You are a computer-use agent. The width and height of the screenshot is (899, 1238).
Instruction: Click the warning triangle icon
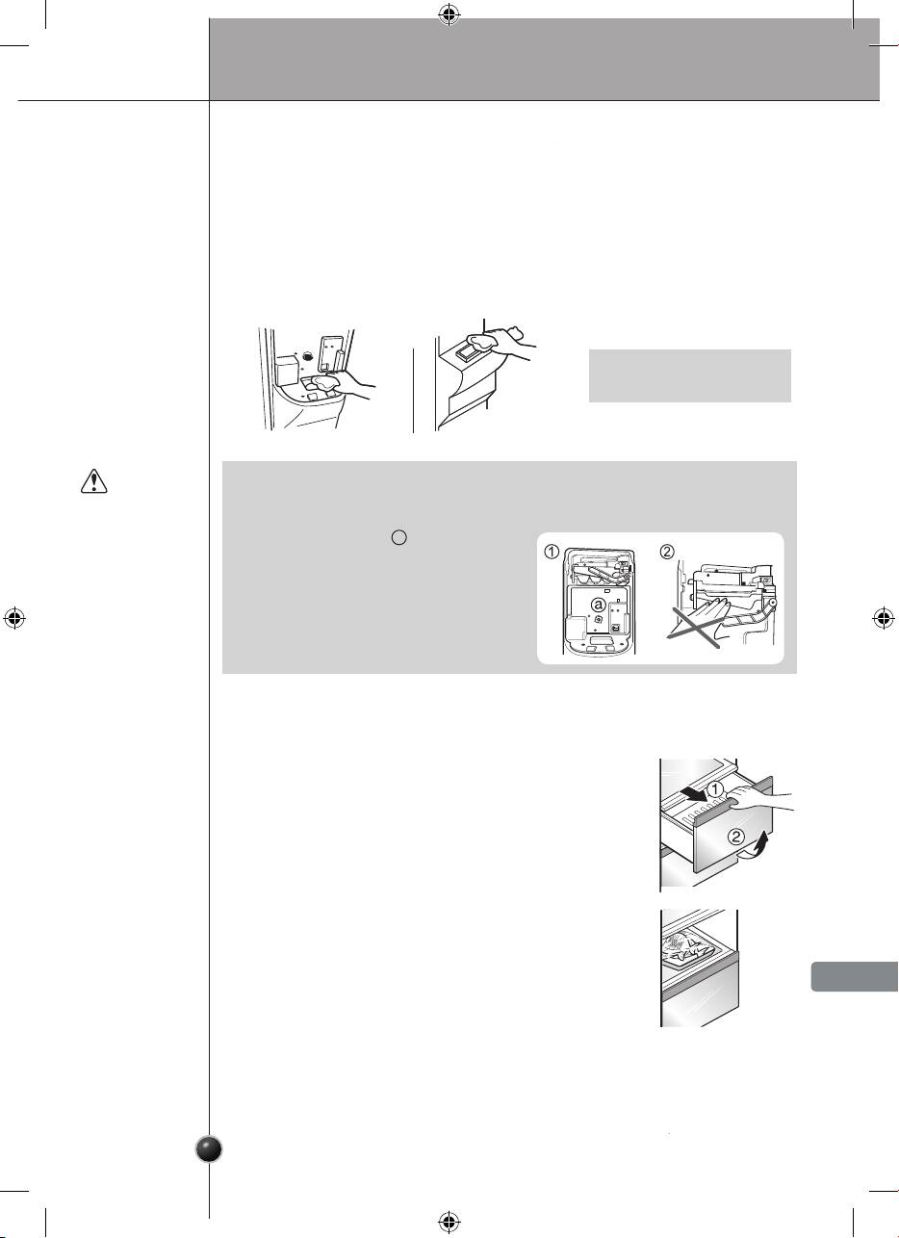click(x=94, y=480)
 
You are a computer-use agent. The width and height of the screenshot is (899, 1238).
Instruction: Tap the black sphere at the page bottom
click(x=210, y=1149)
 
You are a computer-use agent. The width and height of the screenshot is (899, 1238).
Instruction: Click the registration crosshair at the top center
click(x=449, y=15)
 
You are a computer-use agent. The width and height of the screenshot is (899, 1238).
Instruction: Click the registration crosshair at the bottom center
click(x=449, y=1221)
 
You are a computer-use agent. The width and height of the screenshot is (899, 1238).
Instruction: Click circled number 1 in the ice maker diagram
click(x=552, y=553)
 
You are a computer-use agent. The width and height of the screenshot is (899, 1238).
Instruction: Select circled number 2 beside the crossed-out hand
click(x=667, y=552)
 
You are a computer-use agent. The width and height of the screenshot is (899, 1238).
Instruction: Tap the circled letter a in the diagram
click(x=598, y=606)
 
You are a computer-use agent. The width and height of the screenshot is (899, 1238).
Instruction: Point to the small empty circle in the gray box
click(x=398, y=537)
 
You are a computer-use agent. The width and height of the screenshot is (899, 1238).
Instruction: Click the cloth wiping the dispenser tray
click(x=323, y=382)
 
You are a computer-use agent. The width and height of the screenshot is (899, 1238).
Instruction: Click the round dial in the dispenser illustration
click(x=307, y=356)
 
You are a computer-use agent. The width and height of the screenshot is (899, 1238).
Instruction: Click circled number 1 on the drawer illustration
click(x=714, y=789)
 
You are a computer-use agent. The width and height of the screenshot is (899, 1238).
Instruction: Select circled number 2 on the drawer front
click(x=735, y=837)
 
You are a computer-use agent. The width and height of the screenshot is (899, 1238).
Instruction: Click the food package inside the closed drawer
click(x=685, y=946)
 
